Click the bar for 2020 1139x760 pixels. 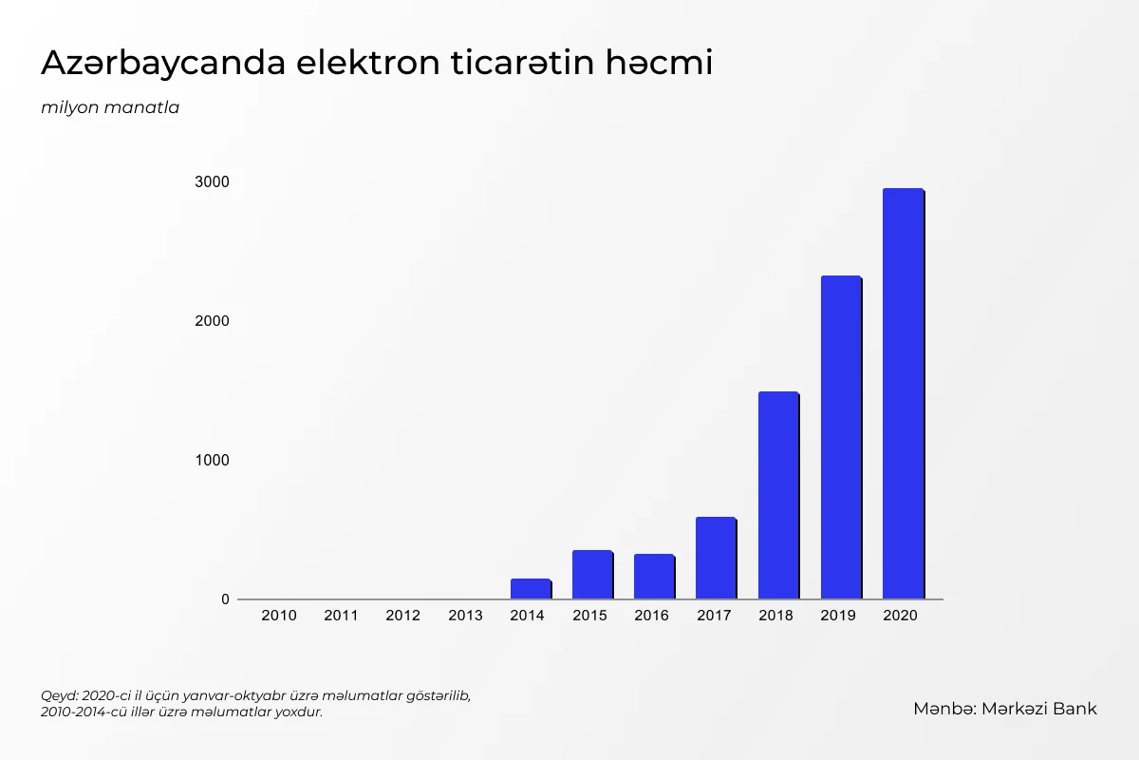coord(903,393)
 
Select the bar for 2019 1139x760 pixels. coord(841,437)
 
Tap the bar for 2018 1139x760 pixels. coord(778,495)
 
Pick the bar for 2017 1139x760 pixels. coord(716,558)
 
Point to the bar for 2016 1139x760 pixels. coord(654,577)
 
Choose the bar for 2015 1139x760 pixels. coord(592,575)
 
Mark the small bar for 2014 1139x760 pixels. coord(531,589)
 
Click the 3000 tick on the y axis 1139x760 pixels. coord(212,181)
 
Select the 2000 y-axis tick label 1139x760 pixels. coord(212,321)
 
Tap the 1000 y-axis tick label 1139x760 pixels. coord(212,460)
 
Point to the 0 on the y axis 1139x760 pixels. coord(225,599)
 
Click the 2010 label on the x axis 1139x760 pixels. coord(279,616)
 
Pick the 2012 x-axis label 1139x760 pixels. coord(403,616)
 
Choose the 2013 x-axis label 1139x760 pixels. coord(465,616)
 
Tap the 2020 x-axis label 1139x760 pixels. coord(900,616)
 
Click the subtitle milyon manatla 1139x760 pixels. coord(110,107)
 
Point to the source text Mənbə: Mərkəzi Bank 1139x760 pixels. coord(1005,709)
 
